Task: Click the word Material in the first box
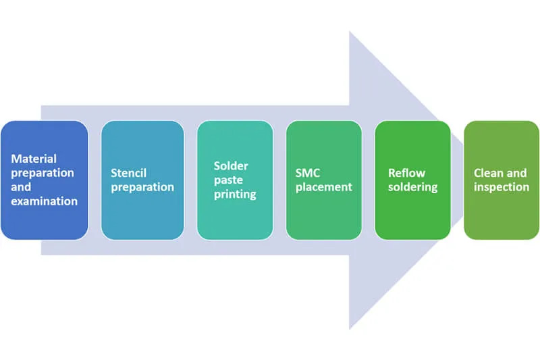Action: pyautogui.click(x=33, y=159)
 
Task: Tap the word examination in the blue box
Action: pyautogui.click(x=45, y=201)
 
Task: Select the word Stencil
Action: pyautogui.click(x=129, y=173)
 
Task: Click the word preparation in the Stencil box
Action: pyautogui.click(x=142, y=187)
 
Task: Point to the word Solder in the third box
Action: pyautogui.click(x=231, y=165)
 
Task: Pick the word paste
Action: pyautogui.click(x=228, y=180)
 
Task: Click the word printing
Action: pyautogui.click(x=235, y=194)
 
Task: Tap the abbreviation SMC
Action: pyautogui.click(x=308, y=173)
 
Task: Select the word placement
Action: pyautogui.click(x=324, y=187)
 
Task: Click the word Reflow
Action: pyautogui.click(x=406, y=173)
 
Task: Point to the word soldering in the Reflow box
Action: pyautogui.click(x=412, y=187)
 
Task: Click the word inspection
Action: pyautogui.click(x=502, y=187)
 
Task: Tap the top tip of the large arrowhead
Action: pyautogui.click(x=350, y=32)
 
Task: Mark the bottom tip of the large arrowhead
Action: pyautogui.click(x=350, y=329)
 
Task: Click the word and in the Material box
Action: pyautogui.click(x=21, y=186)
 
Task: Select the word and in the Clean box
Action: pyautogui.click(x=517, y=173)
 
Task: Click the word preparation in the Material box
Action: pyautogui.click(x=43, y=173)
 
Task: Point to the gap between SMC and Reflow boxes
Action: pyautogui.click(x=368, y=180)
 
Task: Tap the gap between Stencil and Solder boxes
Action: pyautogui.click(x=190, y=180)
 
